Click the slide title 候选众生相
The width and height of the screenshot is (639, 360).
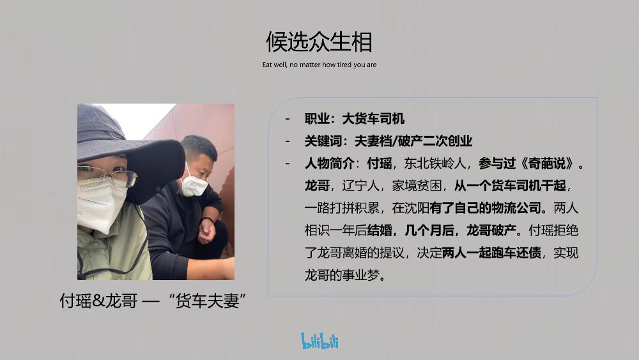tap(319, 42)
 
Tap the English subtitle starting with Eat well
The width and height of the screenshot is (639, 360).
tap(319, 65)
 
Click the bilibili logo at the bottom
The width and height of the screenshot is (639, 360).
tap(319, 341)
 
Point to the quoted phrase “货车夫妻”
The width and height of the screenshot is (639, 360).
tap(210, 301)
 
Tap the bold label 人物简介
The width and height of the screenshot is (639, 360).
tap(330, 163)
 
